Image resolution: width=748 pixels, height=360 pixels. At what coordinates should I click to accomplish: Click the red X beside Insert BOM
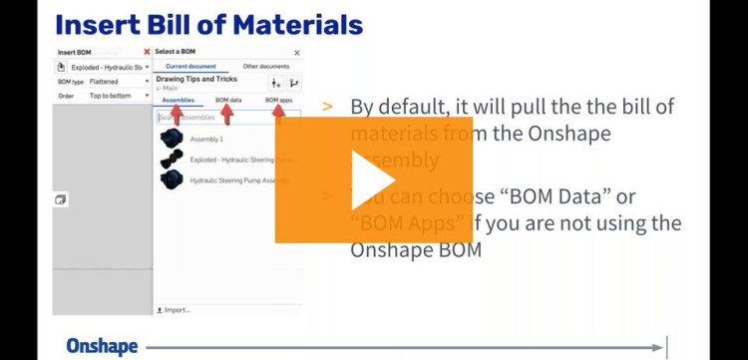point(147,52)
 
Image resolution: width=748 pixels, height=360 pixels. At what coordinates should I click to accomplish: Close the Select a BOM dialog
point(296,52)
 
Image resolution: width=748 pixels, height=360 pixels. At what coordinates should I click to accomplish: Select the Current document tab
point(190,66)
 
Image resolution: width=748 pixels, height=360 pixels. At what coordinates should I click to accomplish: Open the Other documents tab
point(266,66)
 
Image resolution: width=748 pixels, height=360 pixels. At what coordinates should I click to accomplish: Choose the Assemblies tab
point(178,100)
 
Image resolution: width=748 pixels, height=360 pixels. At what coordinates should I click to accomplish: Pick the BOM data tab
point(228,100)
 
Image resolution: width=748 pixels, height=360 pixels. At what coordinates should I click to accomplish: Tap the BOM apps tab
point(278,100)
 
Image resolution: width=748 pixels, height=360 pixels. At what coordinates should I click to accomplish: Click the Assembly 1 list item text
point(206,139)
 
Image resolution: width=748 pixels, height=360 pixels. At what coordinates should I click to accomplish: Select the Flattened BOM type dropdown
point(118,82)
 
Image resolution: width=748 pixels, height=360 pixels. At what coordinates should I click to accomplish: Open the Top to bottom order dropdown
point(118,97)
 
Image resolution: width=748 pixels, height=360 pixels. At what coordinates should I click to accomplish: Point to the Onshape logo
point(102,346)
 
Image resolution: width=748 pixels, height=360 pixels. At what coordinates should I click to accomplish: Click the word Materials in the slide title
point(290,23)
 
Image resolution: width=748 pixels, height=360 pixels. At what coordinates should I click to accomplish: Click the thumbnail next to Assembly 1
point(172,139)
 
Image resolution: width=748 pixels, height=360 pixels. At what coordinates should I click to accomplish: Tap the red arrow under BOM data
point(226,114)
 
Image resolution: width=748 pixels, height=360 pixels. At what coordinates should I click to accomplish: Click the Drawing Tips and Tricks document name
point(196,79)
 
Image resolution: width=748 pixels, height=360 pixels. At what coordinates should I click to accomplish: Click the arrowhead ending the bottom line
point(657,347)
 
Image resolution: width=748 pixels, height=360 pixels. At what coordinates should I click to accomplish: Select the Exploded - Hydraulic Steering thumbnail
point(172,159)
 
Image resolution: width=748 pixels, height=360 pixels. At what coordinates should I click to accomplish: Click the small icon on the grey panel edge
point(61,200)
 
